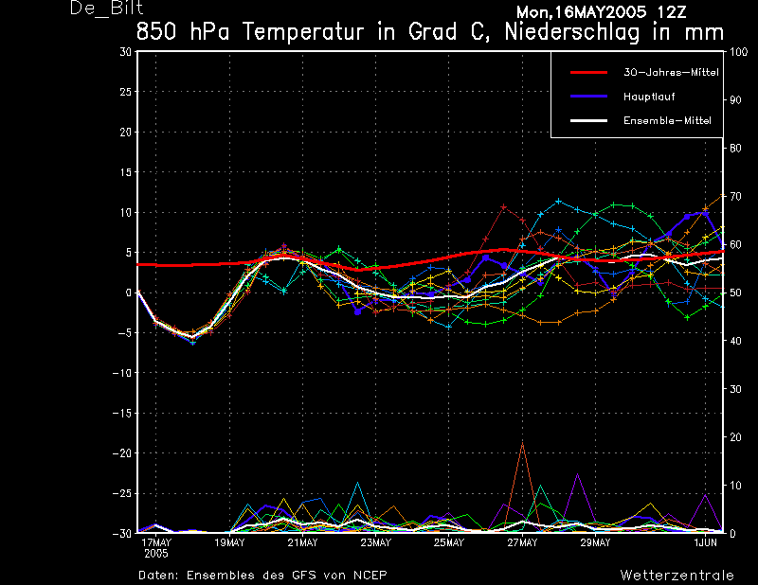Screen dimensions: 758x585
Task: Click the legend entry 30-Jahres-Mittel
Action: click(671, 73)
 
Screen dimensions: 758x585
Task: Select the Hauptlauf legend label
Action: click(649, 97)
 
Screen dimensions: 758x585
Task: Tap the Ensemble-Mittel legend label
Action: click(667, 121)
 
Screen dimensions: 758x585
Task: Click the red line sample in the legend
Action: click(588, 73)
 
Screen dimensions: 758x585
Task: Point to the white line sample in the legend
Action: click(588, 121)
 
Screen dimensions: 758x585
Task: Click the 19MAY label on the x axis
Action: click(229, 542)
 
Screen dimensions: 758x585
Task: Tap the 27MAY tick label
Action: click(522, 542)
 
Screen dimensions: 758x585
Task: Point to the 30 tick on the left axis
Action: click(126, 52)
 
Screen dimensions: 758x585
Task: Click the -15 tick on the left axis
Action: click(122, 413)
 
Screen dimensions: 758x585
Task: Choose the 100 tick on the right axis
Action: click(738, 52)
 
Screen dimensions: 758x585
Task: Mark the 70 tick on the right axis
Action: click(735, 196)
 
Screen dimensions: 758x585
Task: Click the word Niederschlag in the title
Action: click(572, 33)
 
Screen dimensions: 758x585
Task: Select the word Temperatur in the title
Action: click(303, 32)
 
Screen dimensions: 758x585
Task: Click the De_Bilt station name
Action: click(106, 9)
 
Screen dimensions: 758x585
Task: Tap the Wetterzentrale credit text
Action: click(677, 576)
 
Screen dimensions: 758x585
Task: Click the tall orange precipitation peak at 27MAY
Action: click(522, 442)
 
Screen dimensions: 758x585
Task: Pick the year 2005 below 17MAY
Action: click(156, 554)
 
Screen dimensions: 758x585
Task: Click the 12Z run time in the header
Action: click(671, 12)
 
